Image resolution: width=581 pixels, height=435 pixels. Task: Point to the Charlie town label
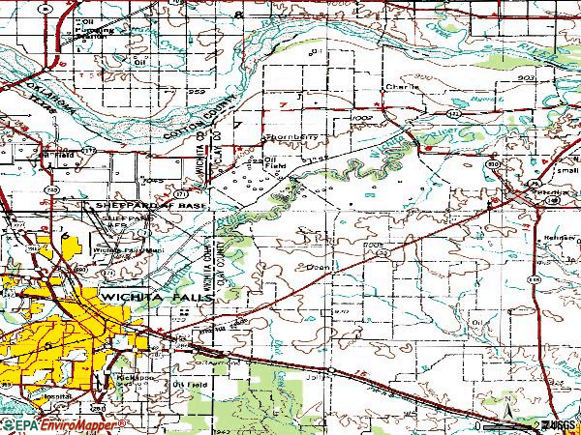coord(401,86)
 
